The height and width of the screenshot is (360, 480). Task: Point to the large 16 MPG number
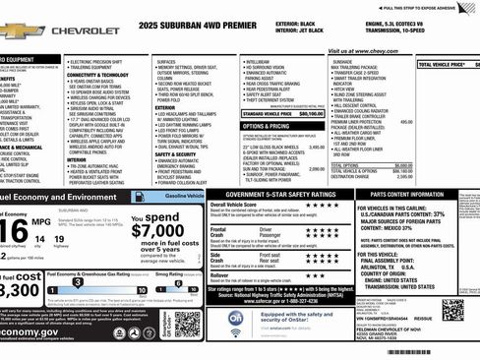tap(14, 232)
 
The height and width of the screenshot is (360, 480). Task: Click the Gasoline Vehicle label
tap(184, 197)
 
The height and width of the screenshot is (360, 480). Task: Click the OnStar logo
tap(236, 320)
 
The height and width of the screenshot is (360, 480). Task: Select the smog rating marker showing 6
tap(157, 291)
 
